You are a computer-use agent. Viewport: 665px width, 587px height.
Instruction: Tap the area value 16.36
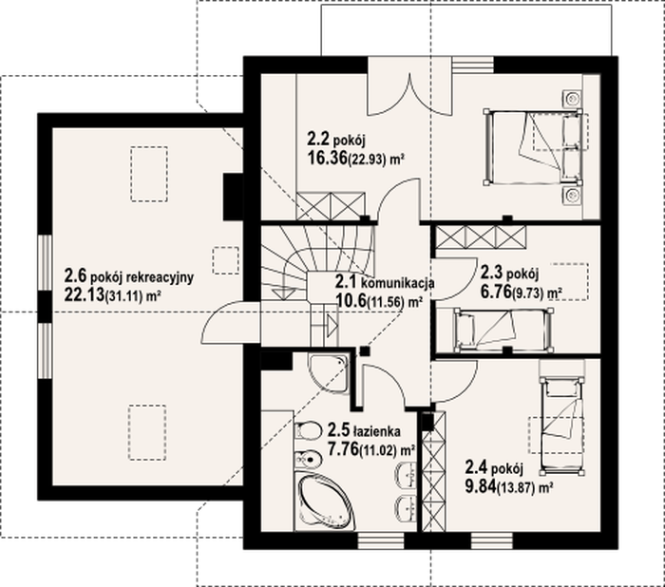click(x=327, y=159)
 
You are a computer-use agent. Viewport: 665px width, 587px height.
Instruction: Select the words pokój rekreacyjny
click(x=142, y=277)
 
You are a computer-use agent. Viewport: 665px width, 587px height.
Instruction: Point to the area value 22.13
click(x=84, y=294)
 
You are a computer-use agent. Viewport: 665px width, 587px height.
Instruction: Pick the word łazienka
click(x=376, y=431)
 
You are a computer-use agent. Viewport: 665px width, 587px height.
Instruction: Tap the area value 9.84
click(x=481, y=486)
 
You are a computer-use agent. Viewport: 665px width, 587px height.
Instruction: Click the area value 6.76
click(x=496, y=292)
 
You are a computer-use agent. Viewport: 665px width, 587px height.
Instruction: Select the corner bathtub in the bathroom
click(x=325, y=502)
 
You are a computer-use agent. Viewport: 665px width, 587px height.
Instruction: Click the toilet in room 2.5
click(x=308, y=431)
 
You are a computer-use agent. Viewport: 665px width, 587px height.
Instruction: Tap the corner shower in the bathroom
click(x=328, y=372)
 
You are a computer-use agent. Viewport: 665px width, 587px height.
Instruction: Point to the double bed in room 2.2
click(x=533, y=147)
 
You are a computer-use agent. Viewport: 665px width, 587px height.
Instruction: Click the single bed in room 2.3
click(x=503, y=331)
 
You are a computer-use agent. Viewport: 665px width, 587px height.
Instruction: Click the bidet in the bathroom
click(x=309, y=459)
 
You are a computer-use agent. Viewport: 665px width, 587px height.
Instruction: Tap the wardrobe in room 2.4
click(x=434, y=471)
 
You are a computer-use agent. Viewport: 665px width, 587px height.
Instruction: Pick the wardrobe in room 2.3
click(x=482, y=237)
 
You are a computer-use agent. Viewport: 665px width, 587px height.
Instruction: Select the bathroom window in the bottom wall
click(x=381, y=540)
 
